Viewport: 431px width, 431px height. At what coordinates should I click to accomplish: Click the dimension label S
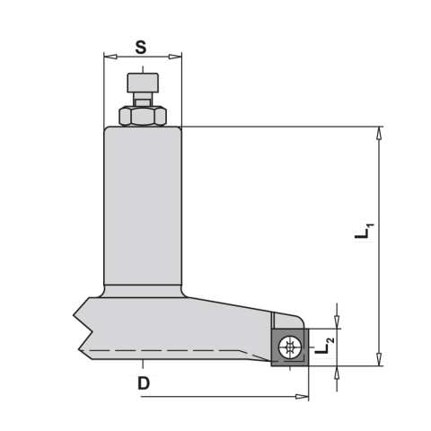tap(141, 48)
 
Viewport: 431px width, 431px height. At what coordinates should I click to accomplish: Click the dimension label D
tap(144, 383)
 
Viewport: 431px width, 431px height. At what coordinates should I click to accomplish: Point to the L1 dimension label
tap(365, 231)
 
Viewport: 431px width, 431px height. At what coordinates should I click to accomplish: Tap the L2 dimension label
tap(325, 346)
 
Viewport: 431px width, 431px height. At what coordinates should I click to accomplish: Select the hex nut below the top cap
tap(143, 116)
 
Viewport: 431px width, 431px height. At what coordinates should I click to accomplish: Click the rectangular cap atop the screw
tap(143, 83)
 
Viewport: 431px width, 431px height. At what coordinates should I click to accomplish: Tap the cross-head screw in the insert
tap(289, 347)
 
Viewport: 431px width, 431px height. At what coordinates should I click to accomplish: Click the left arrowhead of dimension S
tap(110, 57)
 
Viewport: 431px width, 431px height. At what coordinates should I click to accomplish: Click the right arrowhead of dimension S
tap(175, 57)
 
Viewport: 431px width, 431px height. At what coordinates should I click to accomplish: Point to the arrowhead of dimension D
tap(302, 397)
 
